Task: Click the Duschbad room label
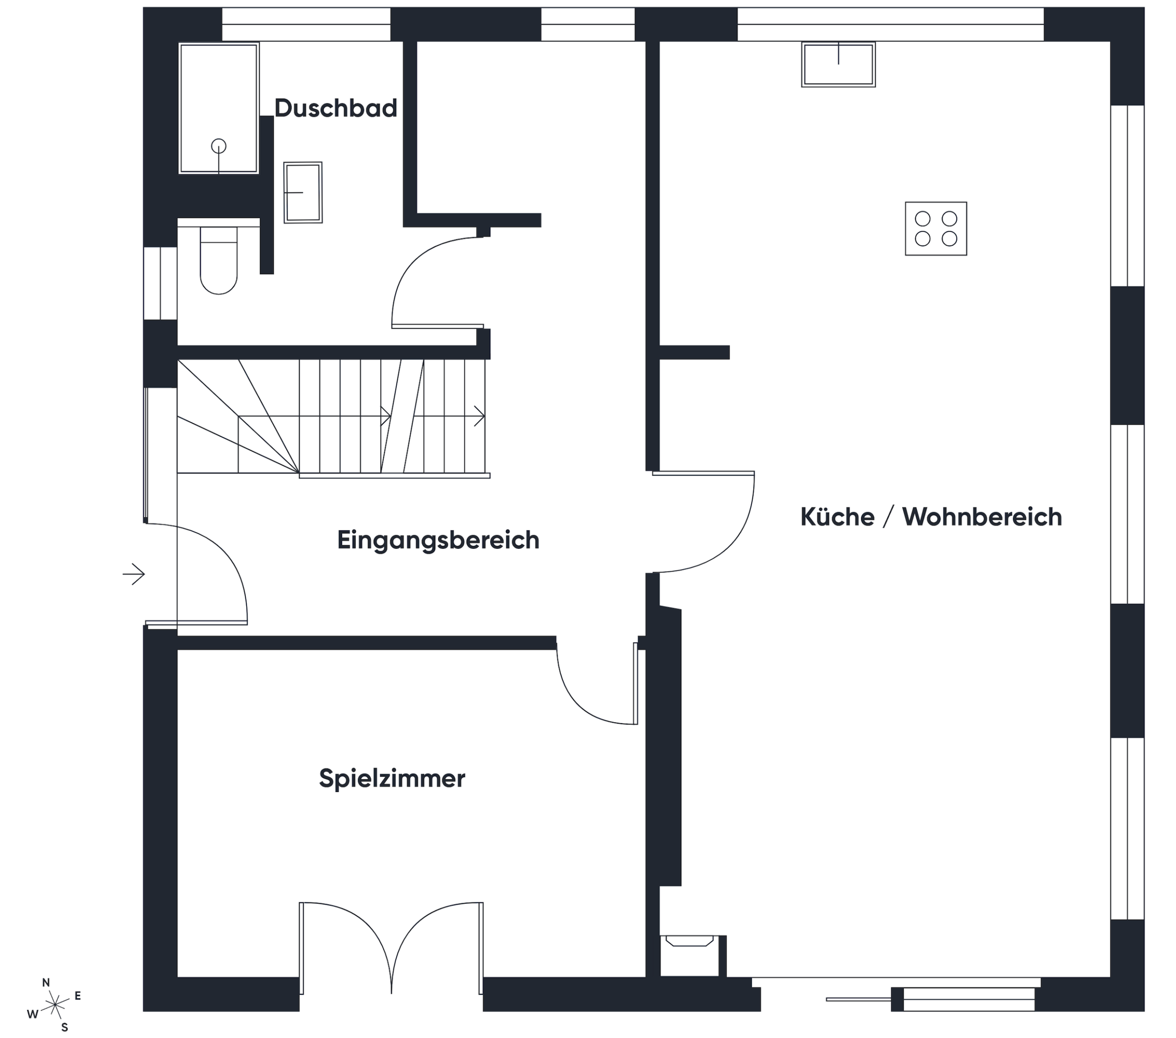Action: (335, 108)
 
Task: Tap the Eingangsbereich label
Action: (438, 540)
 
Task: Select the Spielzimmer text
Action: (392, 778)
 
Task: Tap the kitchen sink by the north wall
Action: (838, 64)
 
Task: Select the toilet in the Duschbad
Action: (219, 260)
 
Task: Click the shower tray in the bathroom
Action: (219, 108)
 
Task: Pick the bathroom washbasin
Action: (303, 192)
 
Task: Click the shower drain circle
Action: (219, 146)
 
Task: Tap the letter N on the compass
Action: (46, 983)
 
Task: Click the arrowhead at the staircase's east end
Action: (479, 416)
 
